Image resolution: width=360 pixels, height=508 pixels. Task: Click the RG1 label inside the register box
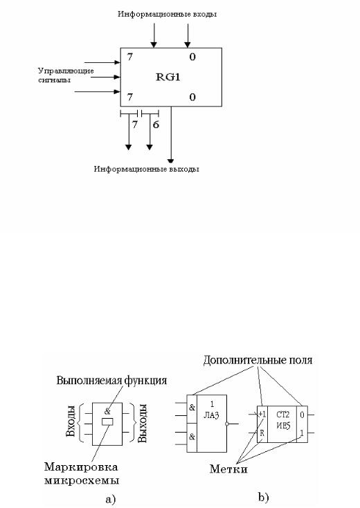168,77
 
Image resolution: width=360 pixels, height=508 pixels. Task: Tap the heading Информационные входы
168,15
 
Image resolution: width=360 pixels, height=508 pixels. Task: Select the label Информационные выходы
147,169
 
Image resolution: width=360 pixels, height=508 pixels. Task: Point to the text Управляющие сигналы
66,75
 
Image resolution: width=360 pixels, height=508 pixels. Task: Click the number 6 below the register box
156,125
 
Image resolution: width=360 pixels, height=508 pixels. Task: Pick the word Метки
228,469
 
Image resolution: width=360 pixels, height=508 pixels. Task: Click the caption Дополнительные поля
258,361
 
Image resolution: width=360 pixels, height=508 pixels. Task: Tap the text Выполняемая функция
111,380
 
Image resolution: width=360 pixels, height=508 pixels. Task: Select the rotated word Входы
71,421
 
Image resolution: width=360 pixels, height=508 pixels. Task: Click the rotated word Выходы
143,423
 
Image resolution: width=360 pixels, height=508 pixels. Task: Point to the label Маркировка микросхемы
81,473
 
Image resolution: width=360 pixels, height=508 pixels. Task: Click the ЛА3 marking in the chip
212,415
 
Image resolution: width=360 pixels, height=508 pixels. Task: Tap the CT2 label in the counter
283,415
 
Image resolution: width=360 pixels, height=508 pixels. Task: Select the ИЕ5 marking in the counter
283,425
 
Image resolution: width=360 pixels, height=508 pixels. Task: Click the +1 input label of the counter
262,414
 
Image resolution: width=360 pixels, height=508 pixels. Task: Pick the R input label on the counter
262,432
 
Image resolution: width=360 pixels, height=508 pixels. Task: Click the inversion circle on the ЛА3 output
228,424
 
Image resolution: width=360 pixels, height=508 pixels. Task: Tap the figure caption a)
111,499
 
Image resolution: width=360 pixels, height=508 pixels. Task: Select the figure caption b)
264,498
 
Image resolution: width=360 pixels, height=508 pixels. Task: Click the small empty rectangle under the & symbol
107,421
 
